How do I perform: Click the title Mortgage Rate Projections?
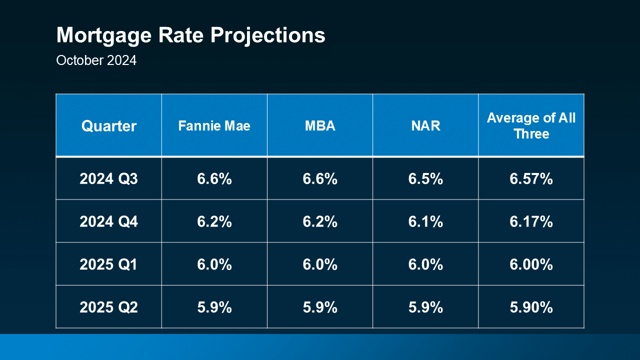point(190,36)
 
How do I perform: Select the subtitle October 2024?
point(96,60)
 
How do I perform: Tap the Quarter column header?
point(108,126)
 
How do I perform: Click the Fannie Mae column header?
point(214,126)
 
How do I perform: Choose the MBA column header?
point(320,126)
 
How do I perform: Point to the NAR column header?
point(425,126)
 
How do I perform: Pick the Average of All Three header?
point(531,126)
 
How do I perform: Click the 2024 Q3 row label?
point(108,178)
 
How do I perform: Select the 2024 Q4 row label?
point(108,221)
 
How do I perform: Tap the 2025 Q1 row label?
point(108,264)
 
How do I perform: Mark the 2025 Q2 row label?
point(108,307)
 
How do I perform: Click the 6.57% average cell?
point(531,178)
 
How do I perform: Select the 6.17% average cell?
point(531,221)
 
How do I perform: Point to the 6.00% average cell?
point(531,264)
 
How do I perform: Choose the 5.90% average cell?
point(531,307)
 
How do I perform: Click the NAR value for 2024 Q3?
point(425,178)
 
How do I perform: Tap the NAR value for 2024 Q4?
point(425,221)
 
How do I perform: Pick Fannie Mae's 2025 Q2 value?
point(214,307)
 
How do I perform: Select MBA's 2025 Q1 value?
point(320,264)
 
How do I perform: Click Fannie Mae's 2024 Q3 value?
point(214,178)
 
